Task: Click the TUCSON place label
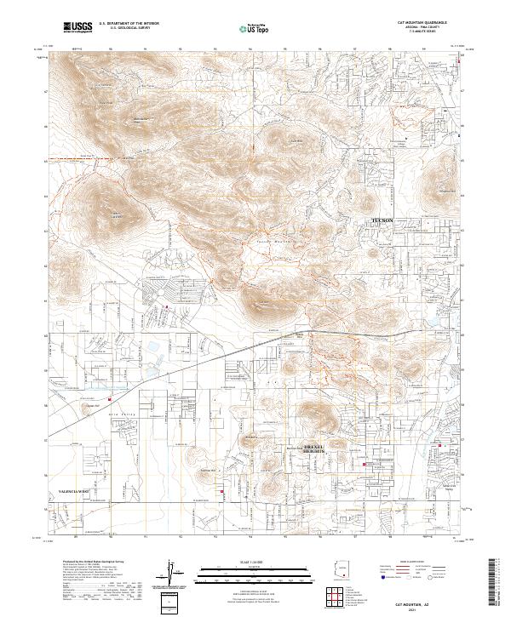coord(381,220)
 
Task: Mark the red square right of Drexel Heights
coord(366,465)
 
